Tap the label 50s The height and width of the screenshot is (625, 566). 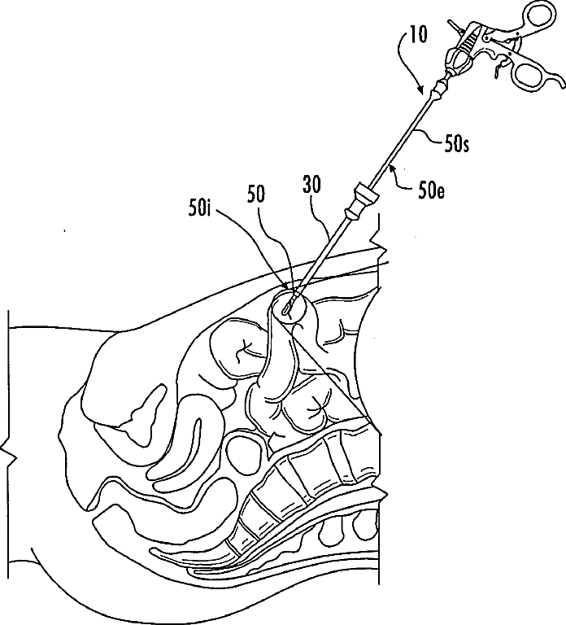click(x=456, y=145)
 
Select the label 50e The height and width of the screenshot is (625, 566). click(x=432, y=191)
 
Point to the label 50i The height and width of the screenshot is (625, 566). click(x=199, y=208)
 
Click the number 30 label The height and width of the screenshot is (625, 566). click(x=312, y=185)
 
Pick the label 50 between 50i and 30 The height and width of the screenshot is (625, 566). click(x=256, y=195)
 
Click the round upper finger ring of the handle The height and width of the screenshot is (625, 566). click(x=539, y=16)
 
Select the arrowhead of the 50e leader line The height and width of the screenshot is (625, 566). click(x=392, y=168)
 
